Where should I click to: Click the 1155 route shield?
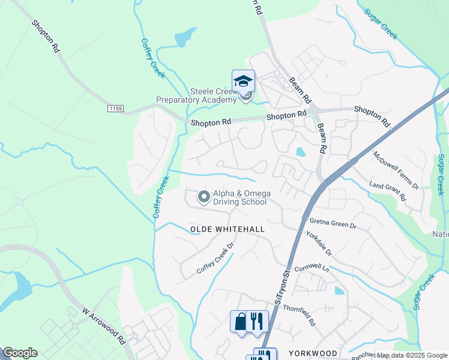click(x=116, y=108)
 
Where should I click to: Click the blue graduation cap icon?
click(x=244, y=81)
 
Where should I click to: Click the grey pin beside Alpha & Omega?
click(x=204, y=196)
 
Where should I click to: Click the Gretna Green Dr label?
click(x=333, y=223)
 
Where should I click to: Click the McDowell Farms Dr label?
click(x=396, y=169)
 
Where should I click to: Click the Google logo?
click(x=20, y=353)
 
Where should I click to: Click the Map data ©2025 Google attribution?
click(x=411, y=356)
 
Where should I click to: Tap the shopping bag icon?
click(x=240, y=321)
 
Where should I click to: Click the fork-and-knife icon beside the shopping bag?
click(x=256, y=321)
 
